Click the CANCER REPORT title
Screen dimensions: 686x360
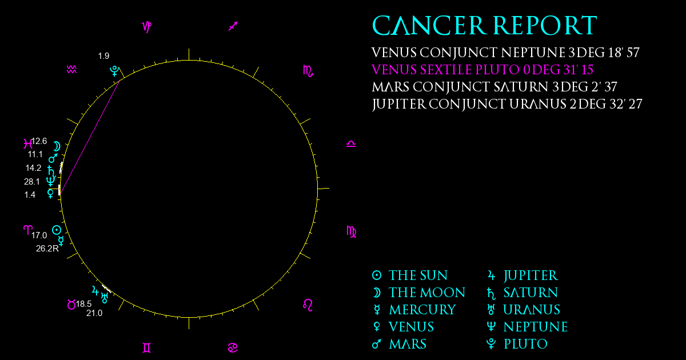(x=485, y=25)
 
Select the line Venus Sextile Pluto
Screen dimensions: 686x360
(x=482, y=70)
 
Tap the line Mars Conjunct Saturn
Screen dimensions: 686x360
(x=494, y=87)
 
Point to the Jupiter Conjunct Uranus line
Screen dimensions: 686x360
(x=507, y=105)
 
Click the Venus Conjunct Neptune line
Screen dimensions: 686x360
(x=505, y=53)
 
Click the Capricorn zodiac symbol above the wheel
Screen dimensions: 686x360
(x=147, y=27)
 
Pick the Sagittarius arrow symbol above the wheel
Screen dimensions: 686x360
(x=233, y=26)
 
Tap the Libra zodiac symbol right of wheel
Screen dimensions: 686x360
(x=351, y=144)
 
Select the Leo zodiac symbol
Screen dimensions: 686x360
(x=308, y=305)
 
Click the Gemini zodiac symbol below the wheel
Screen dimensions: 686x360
(x=147, y=348)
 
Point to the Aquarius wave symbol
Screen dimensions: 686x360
(x=71, y=70)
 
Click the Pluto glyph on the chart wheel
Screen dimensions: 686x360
(x=114, y=71)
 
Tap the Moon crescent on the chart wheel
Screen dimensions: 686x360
(x=57, y=146)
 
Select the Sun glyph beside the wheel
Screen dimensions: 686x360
(x=57, y=230)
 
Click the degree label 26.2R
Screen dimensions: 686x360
(x=47, y=249)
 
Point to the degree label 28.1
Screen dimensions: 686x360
(x=32, y=182)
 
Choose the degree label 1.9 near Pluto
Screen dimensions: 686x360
(x=103, y=56)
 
